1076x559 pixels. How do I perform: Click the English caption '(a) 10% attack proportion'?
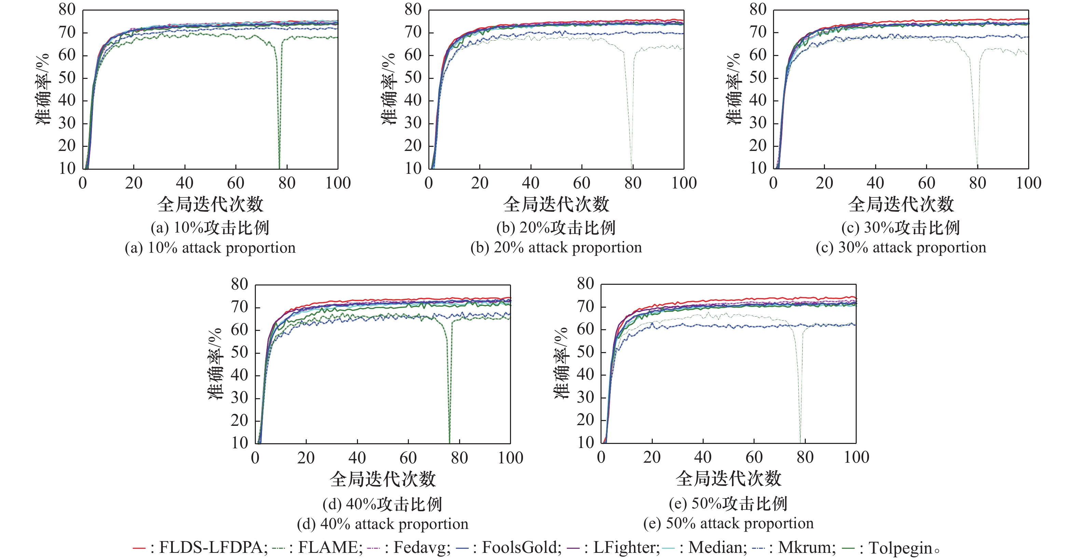point(210,248)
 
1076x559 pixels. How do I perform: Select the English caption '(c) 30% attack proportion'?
point(901,248)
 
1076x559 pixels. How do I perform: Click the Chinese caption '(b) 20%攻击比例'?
point(556,227)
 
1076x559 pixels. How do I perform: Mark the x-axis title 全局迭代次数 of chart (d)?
point(383,479)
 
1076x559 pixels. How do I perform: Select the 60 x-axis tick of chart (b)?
point(581,183)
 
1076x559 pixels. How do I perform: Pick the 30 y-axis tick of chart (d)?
point(239,398)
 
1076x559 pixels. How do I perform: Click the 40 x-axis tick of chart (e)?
point(703,457)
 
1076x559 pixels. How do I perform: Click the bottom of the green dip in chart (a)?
point(279,167)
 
